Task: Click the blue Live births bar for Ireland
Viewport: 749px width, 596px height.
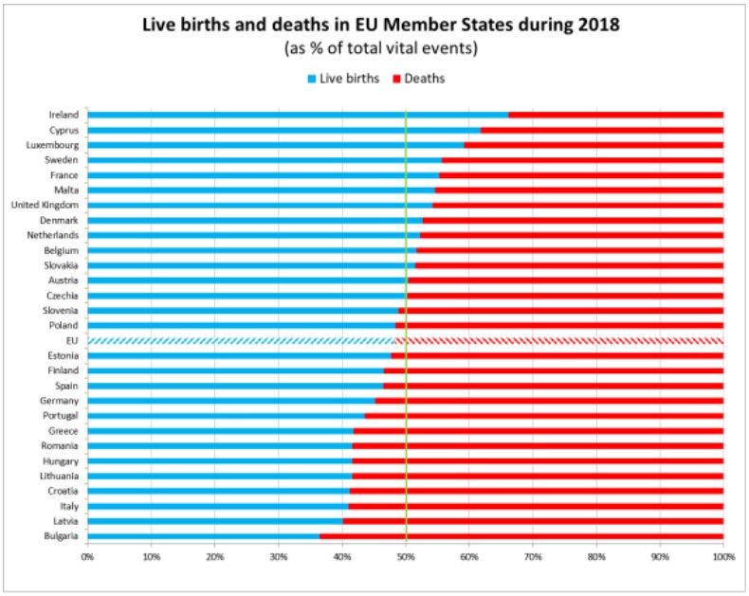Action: pyautogui.click(x=298, y=115)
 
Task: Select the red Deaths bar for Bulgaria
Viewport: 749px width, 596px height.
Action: pyautogui.click(x=521, y=536)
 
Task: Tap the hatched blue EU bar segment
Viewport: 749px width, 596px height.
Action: pyautogui.click(x=242, y=340)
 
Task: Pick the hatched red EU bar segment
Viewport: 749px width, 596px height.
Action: pyautogui.click(x=559, y=340)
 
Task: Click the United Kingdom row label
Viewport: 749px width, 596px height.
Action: pyautogui.click(x=45, y=205)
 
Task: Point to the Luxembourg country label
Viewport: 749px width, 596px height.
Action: pyautogui.click(x=51, y=145)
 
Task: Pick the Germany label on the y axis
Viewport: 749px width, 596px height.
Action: pyautogui.click(x=58, y=401)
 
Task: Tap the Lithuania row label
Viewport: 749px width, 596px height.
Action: pyautogui.click(x=57, y=476)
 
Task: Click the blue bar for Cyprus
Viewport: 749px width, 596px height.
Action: pyautogui.click(x=284, y=130)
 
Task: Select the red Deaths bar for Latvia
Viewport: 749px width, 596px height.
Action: pyautogui.click(x=533, y=521)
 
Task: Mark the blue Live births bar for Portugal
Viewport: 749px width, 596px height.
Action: pyautogui.click(x=226, y=416)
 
